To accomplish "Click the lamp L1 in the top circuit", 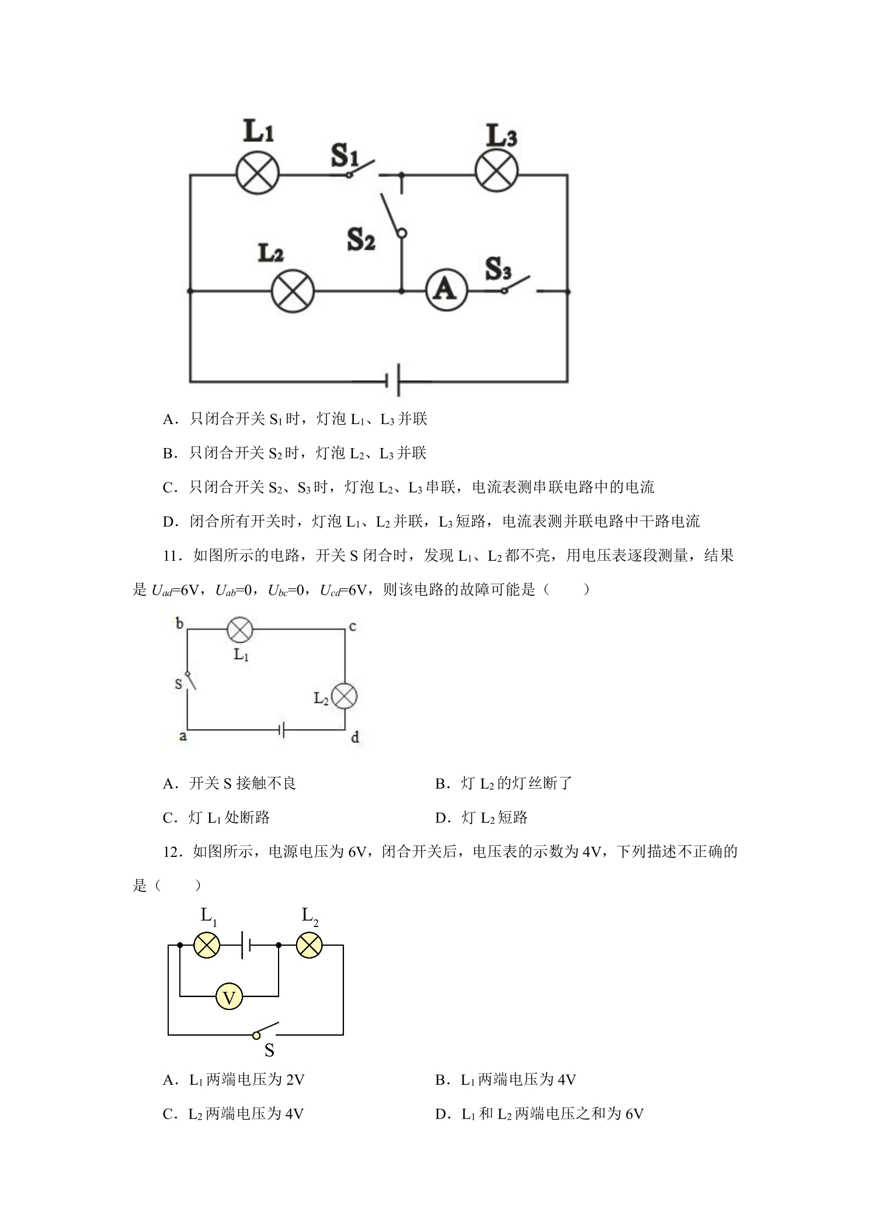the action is (x=258, y=173).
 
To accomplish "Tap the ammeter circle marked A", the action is (x=446, y=290).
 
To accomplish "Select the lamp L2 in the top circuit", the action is (x=293, y=291).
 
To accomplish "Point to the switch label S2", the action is (x=361, y=239).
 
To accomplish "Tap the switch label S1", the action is (x=345, y=155).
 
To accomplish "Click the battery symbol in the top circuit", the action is (x=392, y=381).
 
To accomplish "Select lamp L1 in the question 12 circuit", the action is (x=206, y=945).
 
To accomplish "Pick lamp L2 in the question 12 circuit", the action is (x=309, y=945).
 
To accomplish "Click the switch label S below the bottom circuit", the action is (x=269, y=1050).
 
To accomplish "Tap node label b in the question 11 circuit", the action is (x=179, y=623).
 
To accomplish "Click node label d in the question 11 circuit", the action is (x=355, y=737).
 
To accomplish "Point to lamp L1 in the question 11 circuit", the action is (x=239, y=629).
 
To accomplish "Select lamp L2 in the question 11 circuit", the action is (x=344, y=696).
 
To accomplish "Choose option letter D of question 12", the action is (x=441, y=1115).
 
